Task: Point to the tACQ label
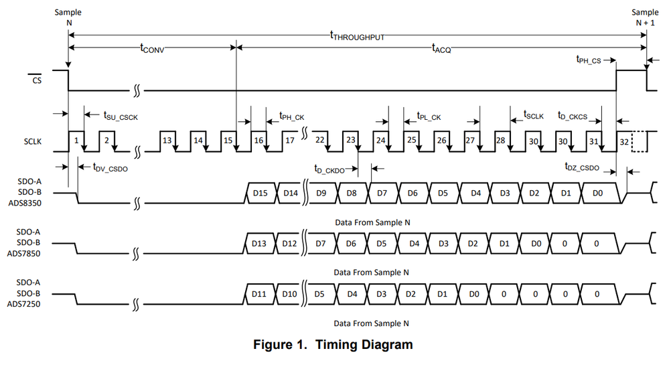[442, 48]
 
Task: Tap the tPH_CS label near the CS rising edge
[589, 59]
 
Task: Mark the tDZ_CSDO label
[582, 168]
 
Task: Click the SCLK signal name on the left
[33, 142]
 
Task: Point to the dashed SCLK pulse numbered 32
[625, 141]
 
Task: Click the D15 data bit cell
[261, 193]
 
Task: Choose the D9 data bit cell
[321, 193]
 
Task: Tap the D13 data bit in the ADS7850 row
[261, 243]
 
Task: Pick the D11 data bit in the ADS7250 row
[261, 293]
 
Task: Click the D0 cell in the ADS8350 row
[597, 193]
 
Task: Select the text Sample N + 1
[646, 17]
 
